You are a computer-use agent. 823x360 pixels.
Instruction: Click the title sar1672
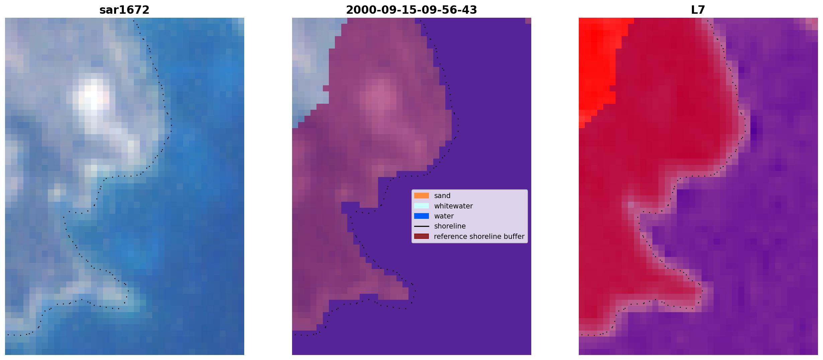point(124,10)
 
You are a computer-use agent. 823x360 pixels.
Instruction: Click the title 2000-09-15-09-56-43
point(411,10)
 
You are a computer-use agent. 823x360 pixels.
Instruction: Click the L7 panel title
point(698,10)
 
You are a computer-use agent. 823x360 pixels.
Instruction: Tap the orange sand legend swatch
point(422,196)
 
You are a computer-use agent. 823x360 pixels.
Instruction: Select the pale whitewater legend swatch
point(422,206)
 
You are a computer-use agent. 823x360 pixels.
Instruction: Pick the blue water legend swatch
point(422,216)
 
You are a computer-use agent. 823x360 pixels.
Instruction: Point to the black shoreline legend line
point(422,226)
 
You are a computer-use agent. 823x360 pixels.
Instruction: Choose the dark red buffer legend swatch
point(422,236)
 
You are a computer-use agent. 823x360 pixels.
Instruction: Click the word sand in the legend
point(442,196)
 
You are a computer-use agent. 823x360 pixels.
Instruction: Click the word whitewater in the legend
point(453,206)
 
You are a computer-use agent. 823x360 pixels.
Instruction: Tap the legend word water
point(444,216)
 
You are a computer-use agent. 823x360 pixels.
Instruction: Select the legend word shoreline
point(450,226)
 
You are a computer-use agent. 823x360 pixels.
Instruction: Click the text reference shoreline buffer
point(479,237)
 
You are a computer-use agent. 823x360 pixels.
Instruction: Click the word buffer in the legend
point(514,237)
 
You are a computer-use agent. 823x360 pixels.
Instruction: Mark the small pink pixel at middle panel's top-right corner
point(528,21)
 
